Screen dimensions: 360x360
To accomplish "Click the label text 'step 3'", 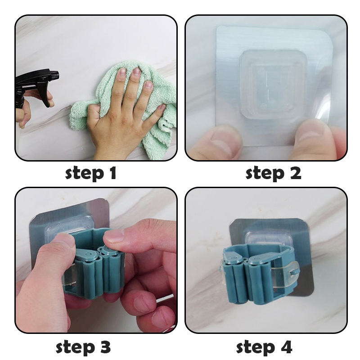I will [x=83, y=347].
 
